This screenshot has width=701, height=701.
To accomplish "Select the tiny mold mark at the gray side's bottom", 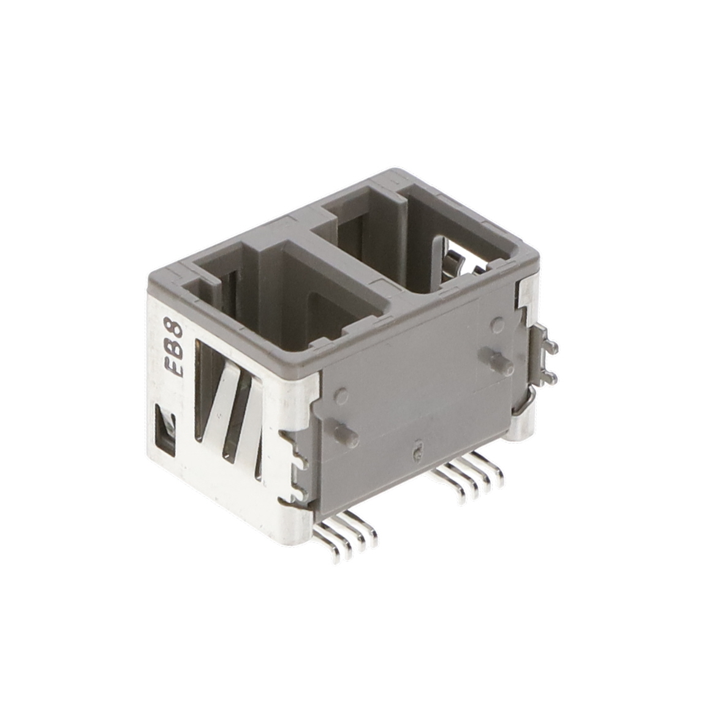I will [x=417, y=452].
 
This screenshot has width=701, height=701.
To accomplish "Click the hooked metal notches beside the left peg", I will [x=297, y=466].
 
